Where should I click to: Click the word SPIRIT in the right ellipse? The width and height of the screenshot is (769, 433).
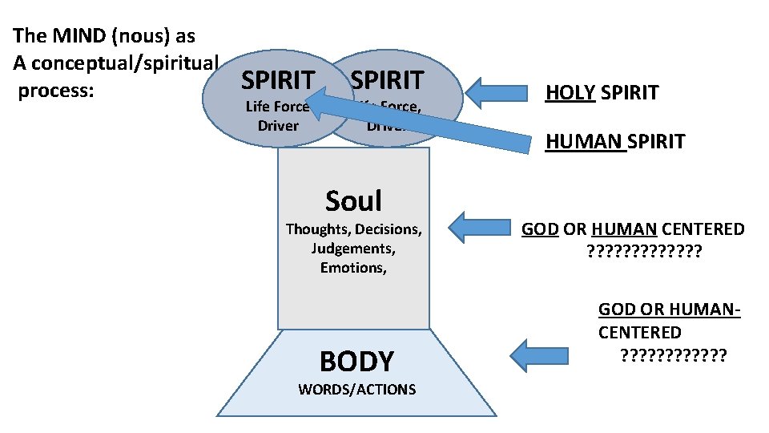click(x=387, y=80)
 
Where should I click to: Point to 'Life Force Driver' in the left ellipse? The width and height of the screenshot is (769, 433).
click(x=277, y=116)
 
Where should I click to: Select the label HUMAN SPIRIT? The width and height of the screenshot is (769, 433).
click(x=615, y=142)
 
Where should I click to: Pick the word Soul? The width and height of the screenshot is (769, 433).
click(x=353, y=200)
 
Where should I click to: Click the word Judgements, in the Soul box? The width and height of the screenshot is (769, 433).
click(x=353, y=249)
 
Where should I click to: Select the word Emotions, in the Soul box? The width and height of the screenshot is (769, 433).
click(x=353, y=268)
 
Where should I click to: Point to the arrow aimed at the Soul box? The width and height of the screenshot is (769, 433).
click(x=478, y=227)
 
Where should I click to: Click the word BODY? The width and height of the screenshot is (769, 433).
click(x=356, y=362)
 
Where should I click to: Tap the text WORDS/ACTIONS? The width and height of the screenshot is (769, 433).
click(x=356, y=390)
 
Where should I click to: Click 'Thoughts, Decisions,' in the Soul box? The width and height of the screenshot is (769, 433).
click(x=353, y=229)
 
